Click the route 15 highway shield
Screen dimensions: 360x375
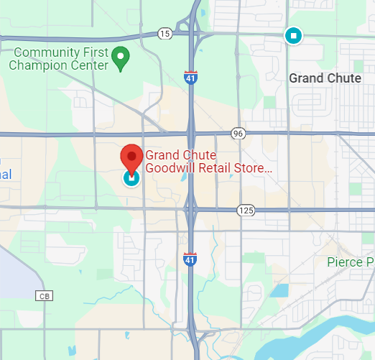coord(165,34)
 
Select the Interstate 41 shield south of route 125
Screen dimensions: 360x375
coord(190,257)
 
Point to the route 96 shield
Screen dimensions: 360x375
coord(239,133)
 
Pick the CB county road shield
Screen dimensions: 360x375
coord(45,295)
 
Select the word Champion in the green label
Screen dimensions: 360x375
coord(38,65)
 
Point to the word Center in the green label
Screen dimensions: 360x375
coord(89,65)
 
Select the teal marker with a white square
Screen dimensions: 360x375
coord(292,35)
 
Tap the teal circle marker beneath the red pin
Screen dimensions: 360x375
coord(131,177)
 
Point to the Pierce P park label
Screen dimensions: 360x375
coord(351,262)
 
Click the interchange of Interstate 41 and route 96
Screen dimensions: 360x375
coord(192,133)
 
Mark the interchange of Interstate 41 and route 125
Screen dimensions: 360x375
coord(192,209)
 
